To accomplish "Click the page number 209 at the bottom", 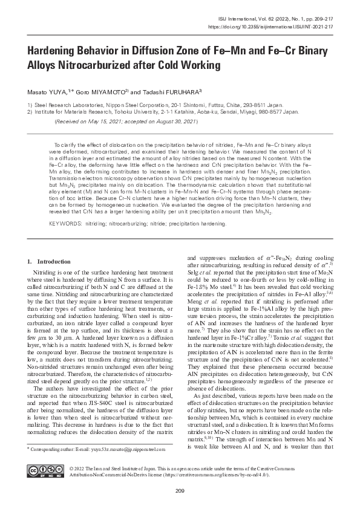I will click(180, 489).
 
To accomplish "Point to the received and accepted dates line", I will click(126, 122).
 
